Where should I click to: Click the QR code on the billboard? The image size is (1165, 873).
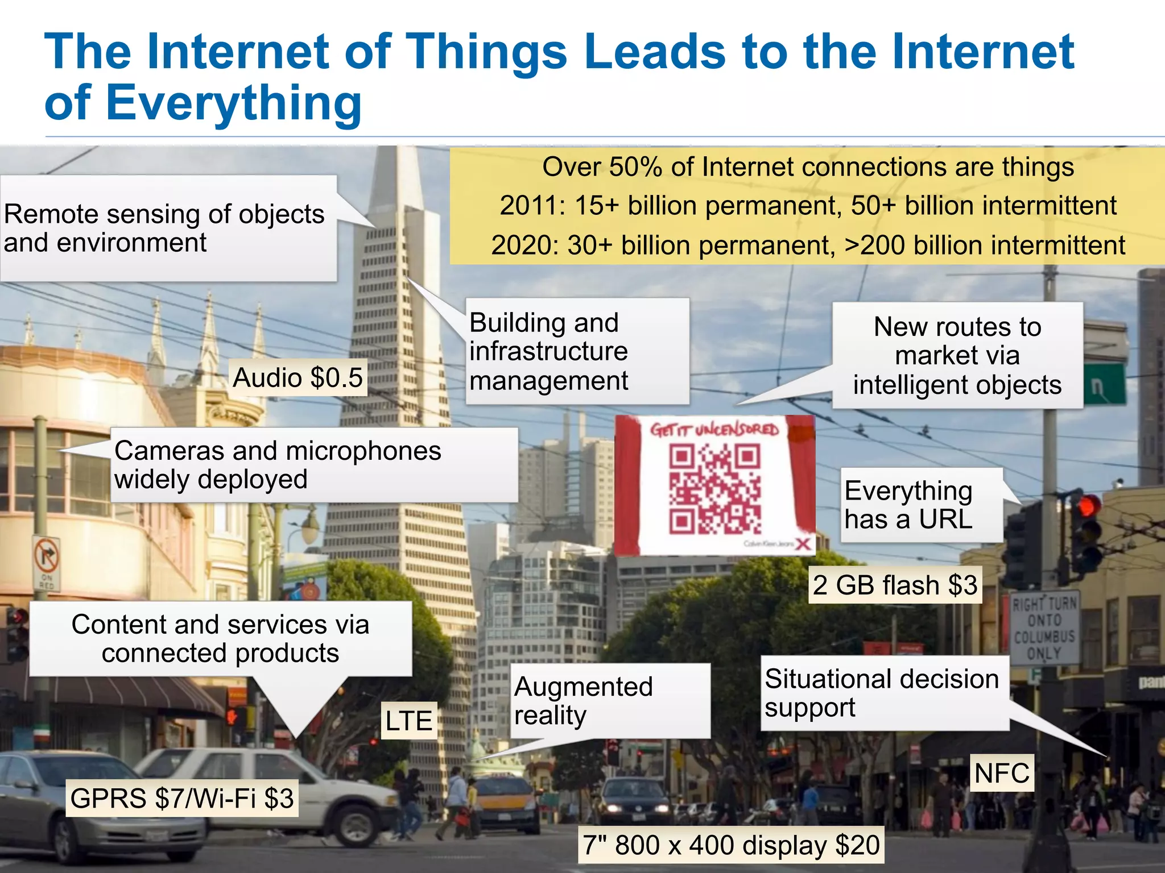tap(714, 489)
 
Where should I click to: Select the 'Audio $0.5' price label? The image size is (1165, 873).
tap(298, 377)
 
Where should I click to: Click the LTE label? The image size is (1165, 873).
tap(408, 721)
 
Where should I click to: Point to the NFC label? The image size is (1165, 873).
tap(1002, 773)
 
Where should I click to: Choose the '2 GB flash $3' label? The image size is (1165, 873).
tap(895, 585)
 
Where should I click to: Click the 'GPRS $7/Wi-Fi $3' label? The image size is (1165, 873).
tap(182, 798)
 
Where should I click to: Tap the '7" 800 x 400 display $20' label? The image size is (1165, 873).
tap(731, 845)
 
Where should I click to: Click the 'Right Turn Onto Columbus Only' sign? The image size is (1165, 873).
tap(1044, 627)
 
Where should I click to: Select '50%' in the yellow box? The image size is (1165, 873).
tap(635, 167)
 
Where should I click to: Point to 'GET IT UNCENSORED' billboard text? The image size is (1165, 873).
tap(714, 430)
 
